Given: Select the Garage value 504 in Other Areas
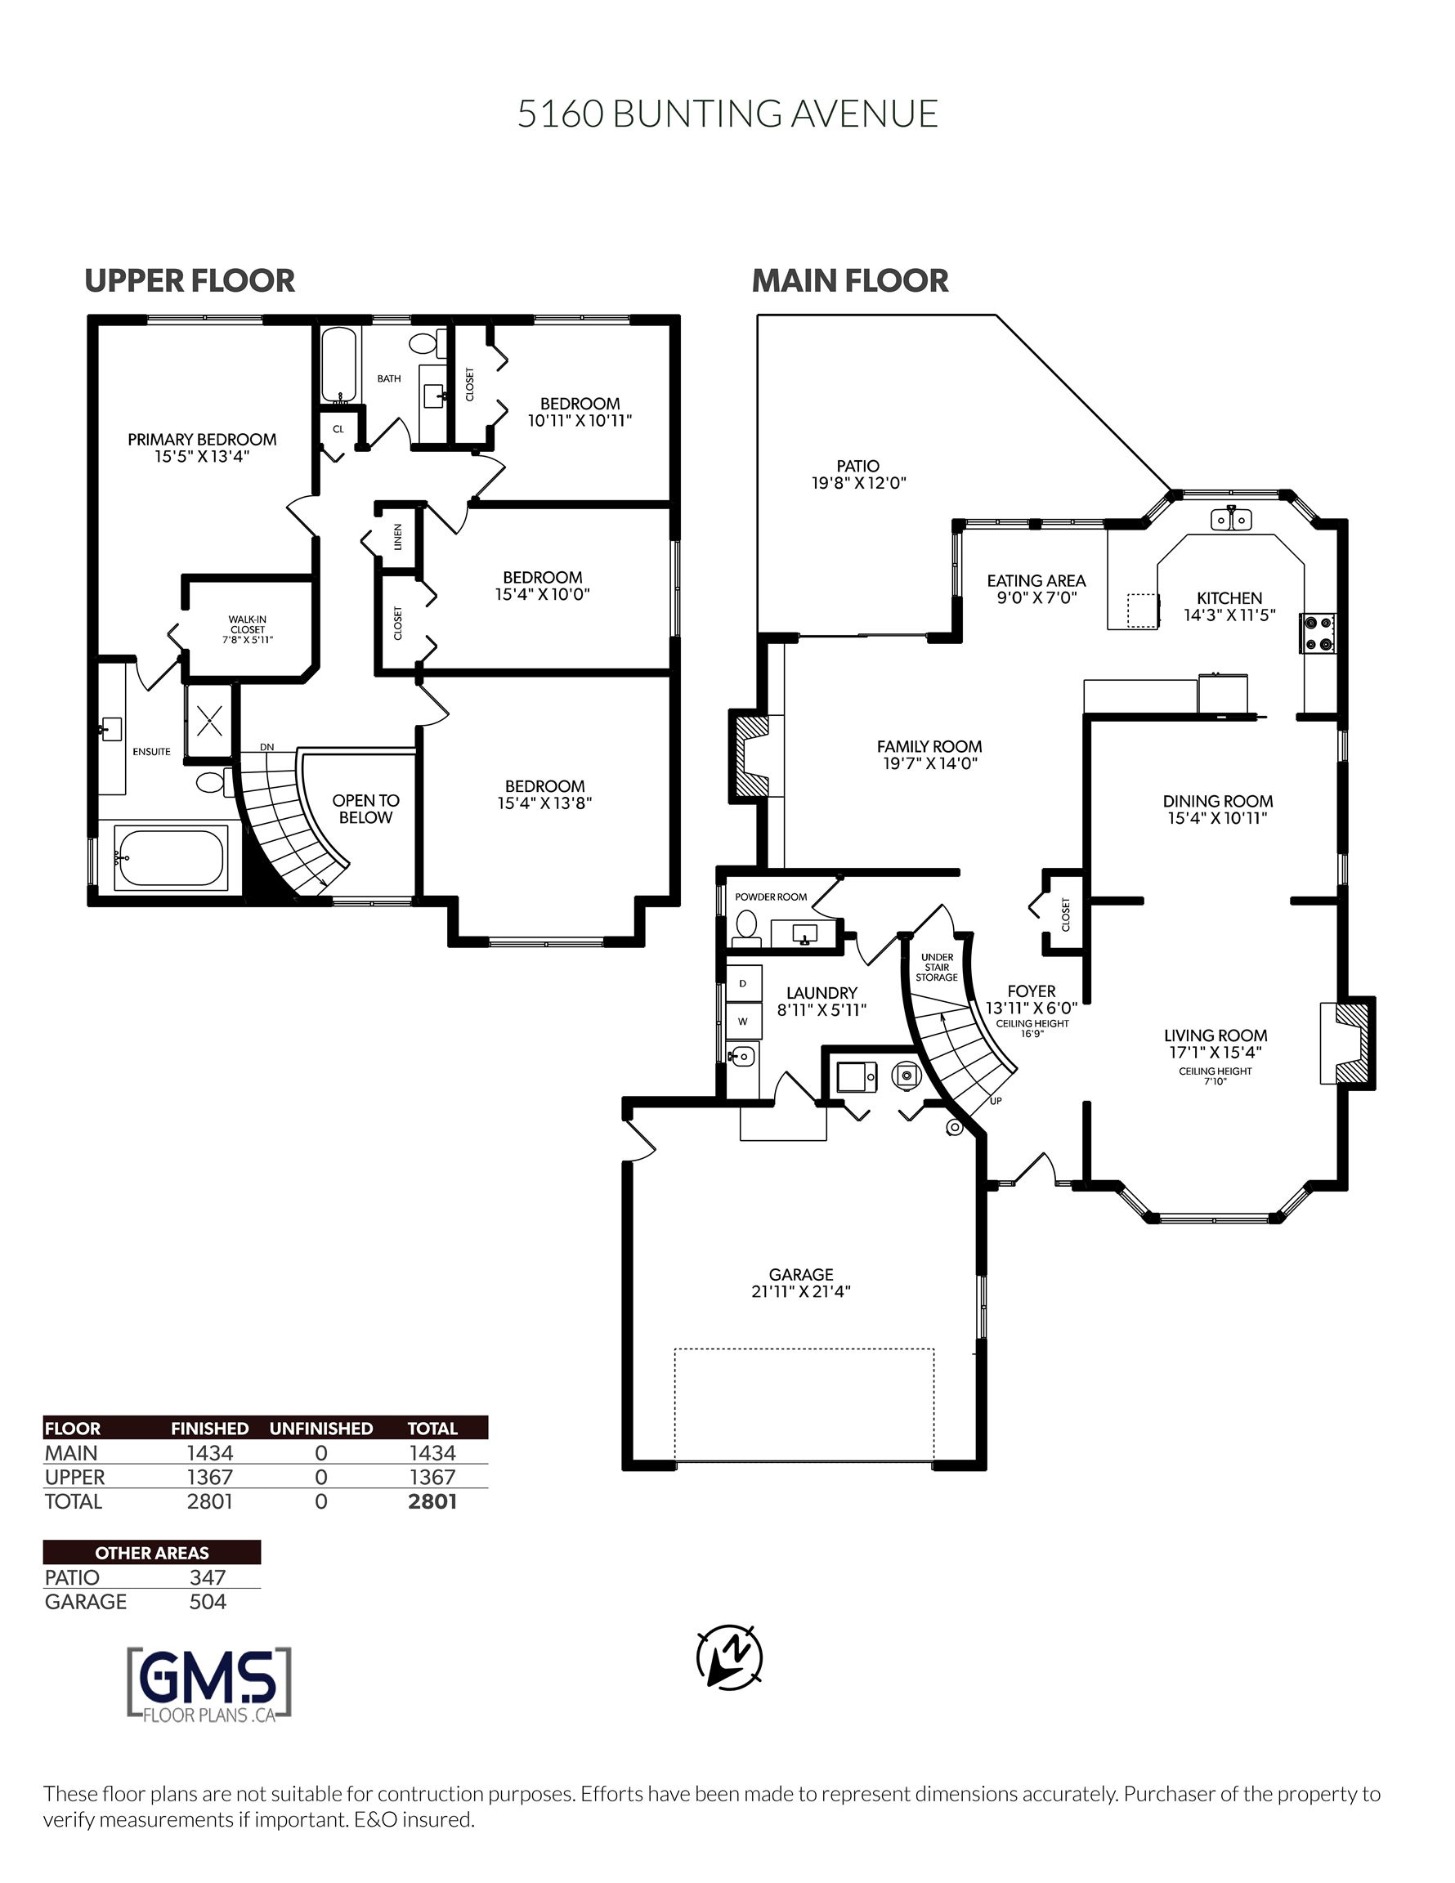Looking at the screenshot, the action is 207,1601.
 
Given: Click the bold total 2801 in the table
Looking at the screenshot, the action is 432,1501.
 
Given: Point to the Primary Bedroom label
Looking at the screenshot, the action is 202,448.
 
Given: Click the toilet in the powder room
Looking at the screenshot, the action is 745,927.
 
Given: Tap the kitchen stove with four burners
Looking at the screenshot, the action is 1319,632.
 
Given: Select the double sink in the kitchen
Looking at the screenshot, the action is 1232,519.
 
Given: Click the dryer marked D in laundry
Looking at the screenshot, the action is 742,983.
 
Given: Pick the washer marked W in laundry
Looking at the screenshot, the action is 742,1021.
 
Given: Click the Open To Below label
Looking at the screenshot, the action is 365,809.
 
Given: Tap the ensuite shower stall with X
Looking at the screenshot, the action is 209,720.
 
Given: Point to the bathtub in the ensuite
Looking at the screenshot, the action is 171,857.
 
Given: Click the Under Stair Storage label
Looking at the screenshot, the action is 937,968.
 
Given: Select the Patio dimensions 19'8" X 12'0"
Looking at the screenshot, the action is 858,483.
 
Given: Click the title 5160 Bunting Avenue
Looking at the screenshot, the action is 727,114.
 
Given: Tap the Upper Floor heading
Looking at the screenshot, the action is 190,280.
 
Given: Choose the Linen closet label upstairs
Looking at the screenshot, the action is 397,537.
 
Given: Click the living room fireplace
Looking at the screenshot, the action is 1347,1042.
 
